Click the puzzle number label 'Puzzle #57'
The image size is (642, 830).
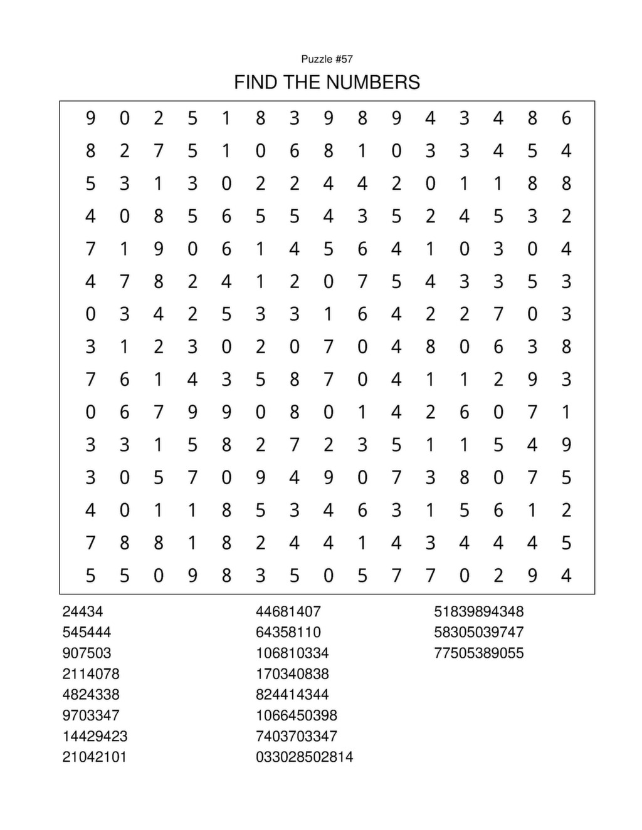click(x=327, y=59)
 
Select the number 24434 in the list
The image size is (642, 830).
click(x=83, y=611)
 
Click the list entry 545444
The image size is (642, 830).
click(x=87, y=632)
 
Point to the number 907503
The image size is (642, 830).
click(x=87, y=653)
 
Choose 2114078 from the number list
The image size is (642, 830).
click(x=91, y=673)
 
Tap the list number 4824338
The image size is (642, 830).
click(x=91, y=694)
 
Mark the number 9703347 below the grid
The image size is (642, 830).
click(x=91, y=715)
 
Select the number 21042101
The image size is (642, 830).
click(x=95, y=757)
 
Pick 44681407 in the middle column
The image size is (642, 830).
click(x=288, y=611)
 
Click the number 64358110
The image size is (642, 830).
click(x=288, y=632)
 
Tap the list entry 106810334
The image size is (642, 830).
click(x=292, y=653)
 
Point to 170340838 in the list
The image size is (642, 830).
click(x=292, y=673)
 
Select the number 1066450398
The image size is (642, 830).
click(x=297, y=715)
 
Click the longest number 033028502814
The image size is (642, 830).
click(x=305, y=757)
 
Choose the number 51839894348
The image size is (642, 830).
click(x=479, y=611)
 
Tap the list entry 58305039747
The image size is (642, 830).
click(x=479, y=632)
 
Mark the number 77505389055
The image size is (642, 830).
click(x=479, y=653)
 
